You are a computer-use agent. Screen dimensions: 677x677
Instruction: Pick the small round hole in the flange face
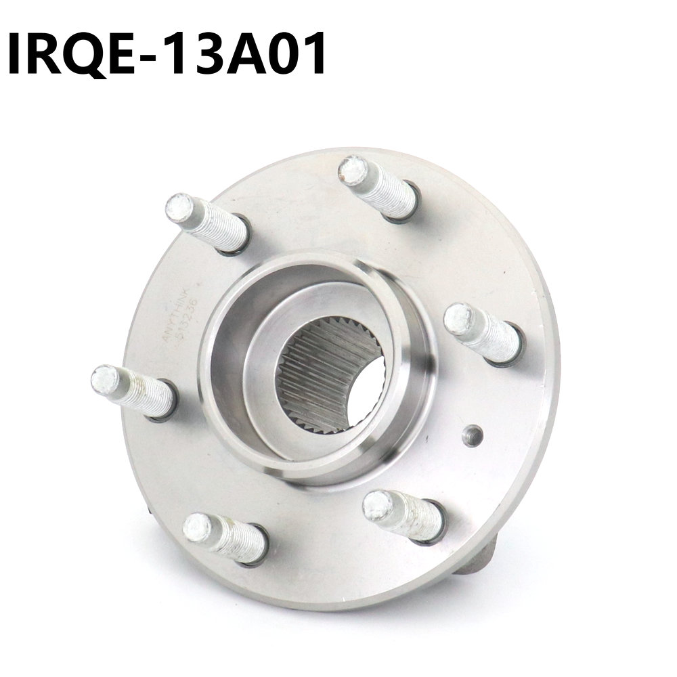tap(472, 435)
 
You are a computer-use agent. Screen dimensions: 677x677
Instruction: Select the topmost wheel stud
tap(379, 186)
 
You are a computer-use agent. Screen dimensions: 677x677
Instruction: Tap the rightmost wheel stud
tap(483, 332)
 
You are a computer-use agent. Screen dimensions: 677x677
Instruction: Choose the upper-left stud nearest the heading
tap(206, 222)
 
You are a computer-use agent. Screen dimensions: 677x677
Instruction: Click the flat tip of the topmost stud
tap(353, 170)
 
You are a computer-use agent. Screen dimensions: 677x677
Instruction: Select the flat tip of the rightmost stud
tap(460, 319)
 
